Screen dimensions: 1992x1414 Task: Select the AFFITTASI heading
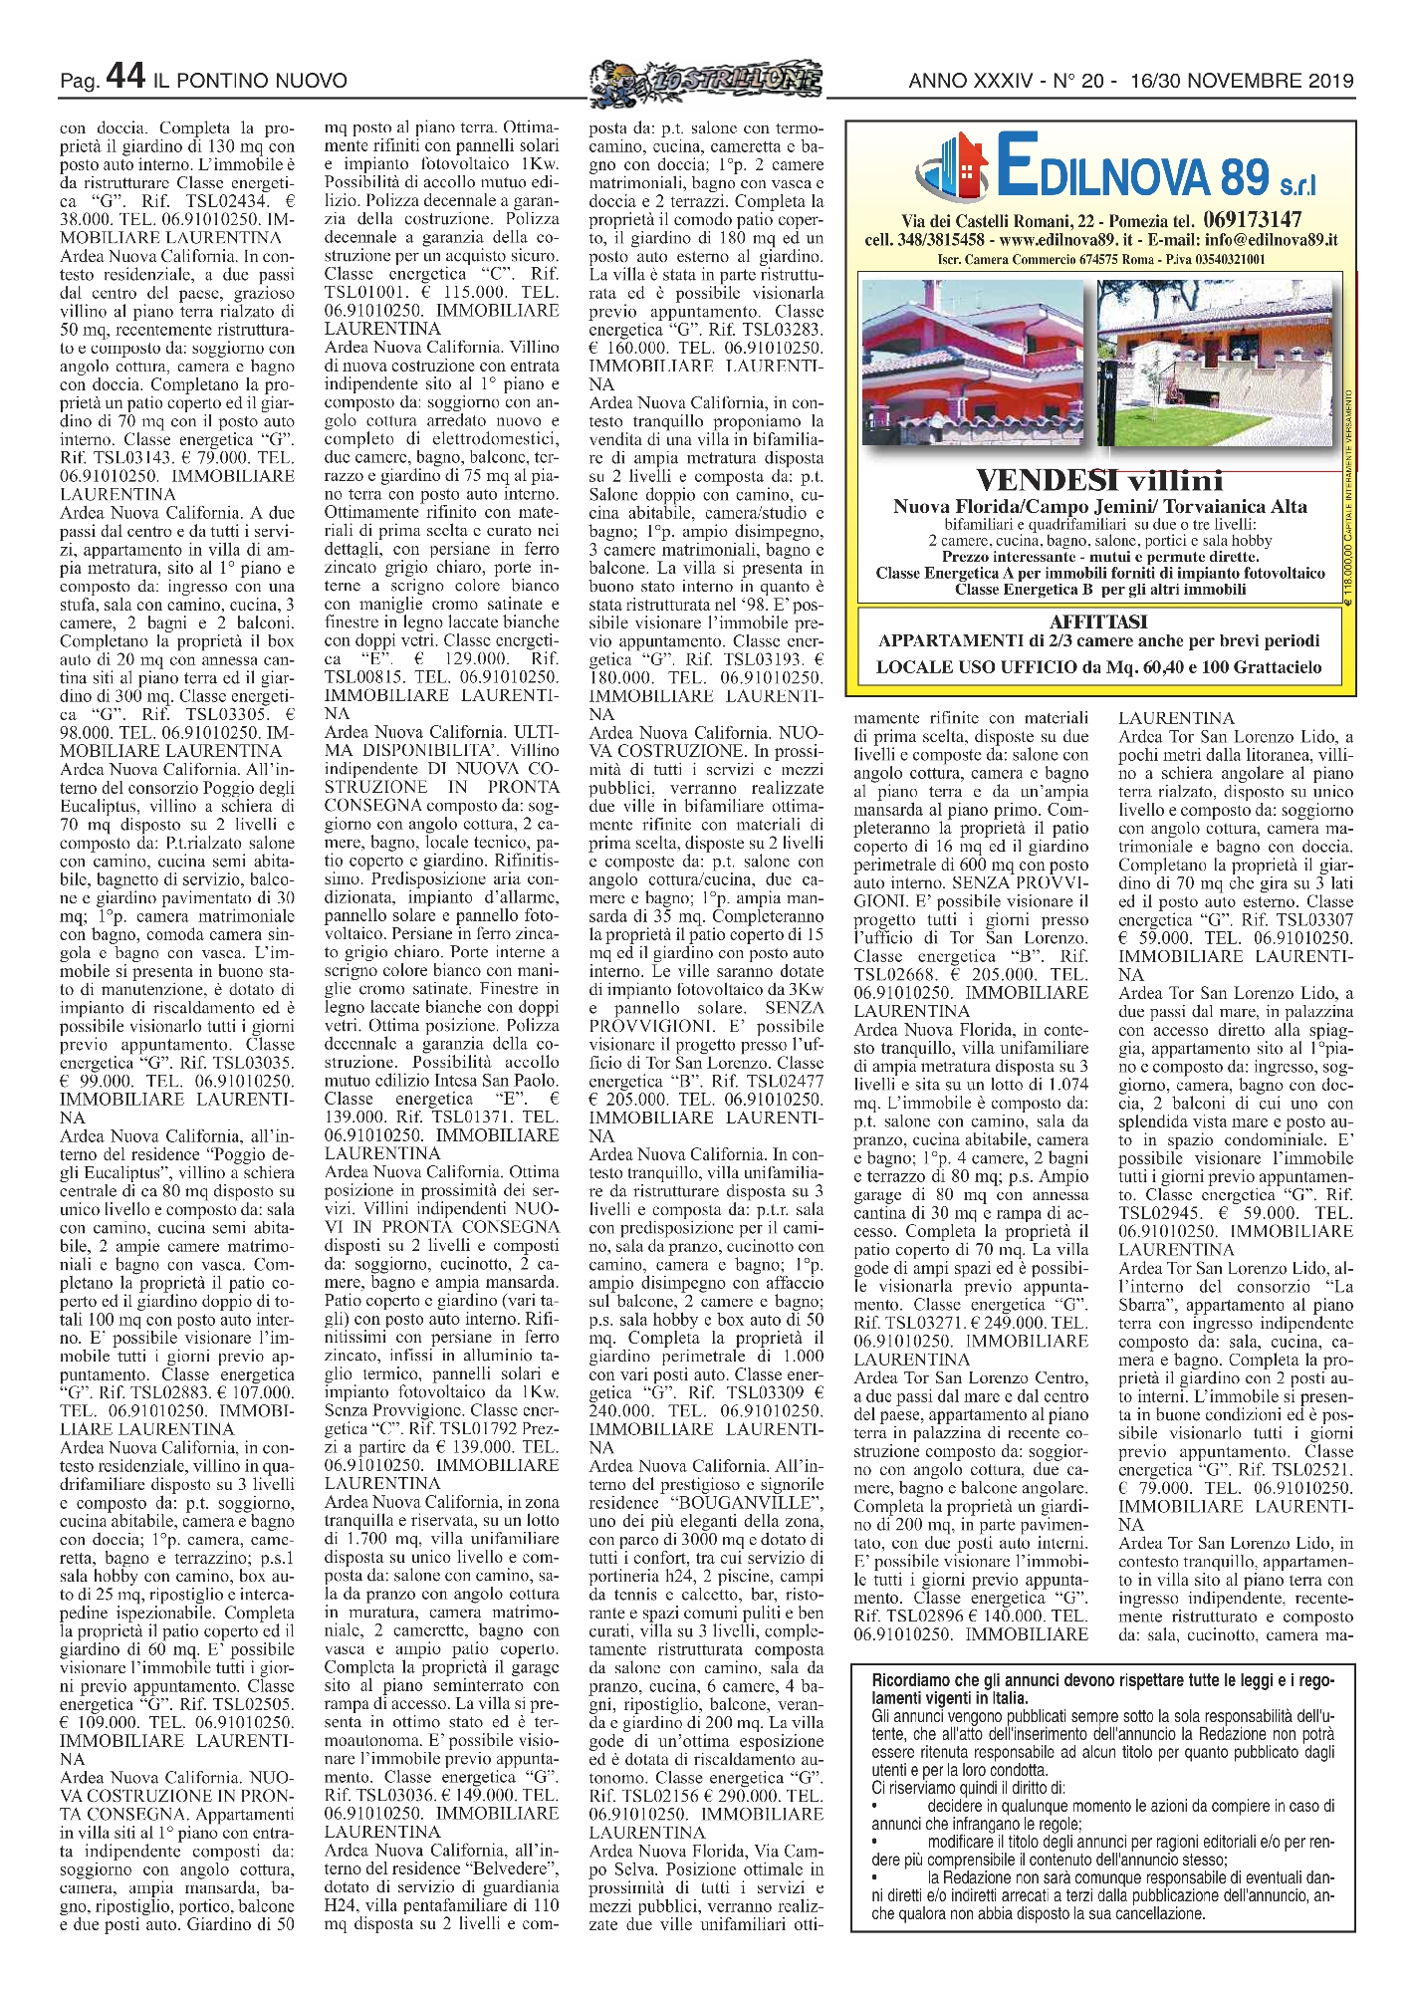tap(1098, 622)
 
